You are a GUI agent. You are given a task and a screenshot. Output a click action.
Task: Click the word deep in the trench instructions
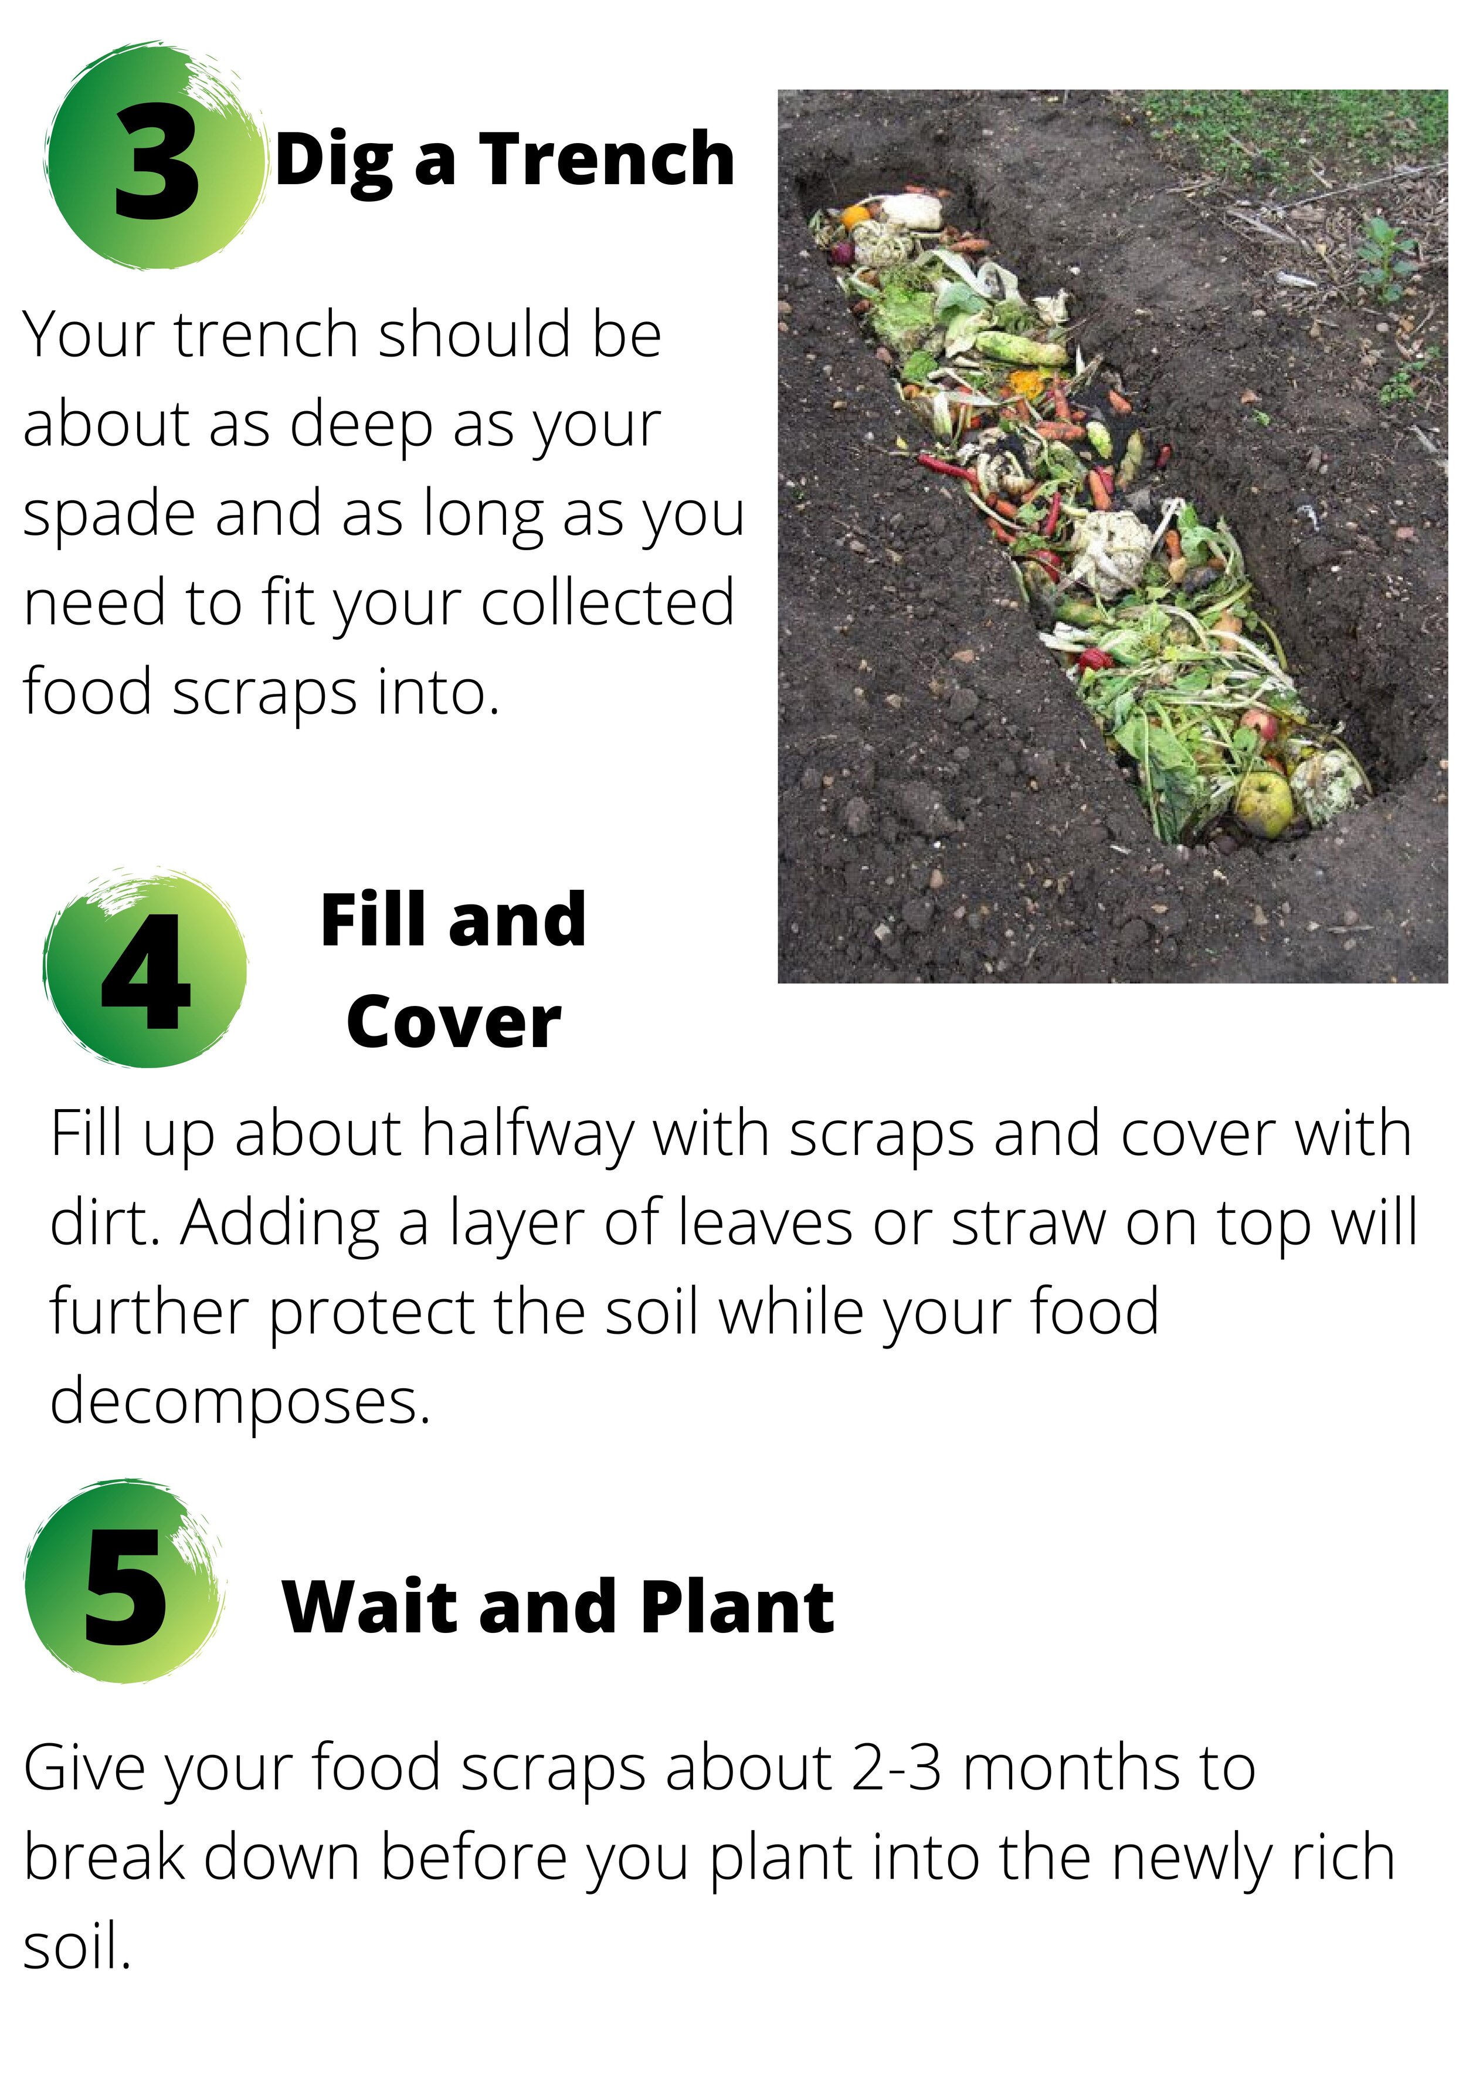point(361,425)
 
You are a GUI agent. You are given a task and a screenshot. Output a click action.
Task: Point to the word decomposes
point(239,1402)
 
